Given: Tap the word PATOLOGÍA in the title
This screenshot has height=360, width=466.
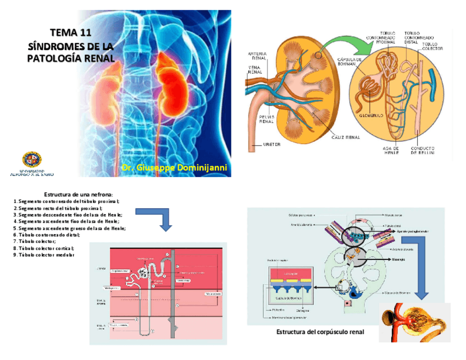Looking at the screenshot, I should click(x=52, y=58).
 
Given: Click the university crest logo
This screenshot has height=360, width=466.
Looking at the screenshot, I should click(x=32, y=160).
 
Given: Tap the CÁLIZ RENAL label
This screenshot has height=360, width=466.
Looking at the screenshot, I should click(x=346, y=138).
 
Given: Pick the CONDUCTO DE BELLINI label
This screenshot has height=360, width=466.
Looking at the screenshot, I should click(x=423, y=151).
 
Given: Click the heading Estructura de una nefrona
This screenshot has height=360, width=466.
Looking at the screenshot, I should click(x=78, y=194).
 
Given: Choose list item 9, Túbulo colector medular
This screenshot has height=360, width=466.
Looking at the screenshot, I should click(x=44, y=255).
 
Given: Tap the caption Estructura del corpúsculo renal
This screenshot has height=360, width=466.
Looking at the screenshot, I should click(x=320, y=333).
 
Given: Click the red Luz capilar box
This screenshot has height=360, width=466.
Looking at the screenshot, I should click(x=291, y=273).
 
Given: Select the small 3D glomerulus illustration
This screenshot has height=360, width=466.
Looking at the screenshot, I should click(x=414, y=322).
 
